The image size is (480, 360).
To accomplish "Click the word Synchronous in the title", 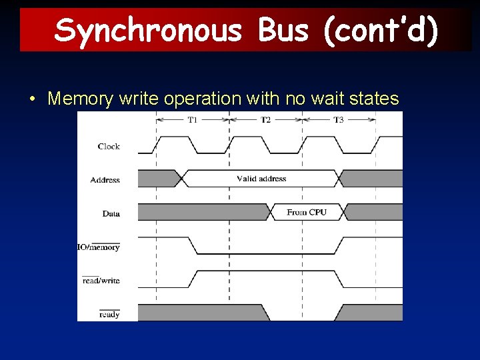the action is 148,30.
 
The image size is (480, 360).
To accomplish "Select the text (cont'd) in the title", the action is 381,30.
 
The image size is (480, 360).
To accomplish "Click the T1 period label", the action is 192,120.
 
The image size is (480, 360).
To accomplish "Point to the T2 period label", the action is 265,120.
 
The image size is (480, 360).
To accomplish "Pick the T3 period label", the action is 339,120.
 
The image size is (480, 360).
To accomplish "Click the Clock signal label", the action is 109,147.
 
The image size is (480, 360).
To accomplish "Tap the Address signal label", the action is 105,180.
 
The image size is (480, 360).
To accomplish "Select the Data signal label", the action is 111,213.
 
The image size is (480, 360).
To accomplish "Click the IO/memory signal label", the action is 99,247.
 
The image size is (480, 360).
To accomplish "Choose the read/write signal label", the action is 101,281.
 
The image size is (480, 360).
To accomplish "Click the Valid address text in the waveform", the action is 261,179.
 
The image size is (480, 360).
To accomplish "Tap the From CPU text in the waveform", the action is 307,212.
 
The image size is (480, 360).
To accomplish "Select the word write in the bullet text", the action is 139,99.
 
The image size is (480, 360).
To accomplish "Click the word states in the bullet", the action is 373,99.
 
